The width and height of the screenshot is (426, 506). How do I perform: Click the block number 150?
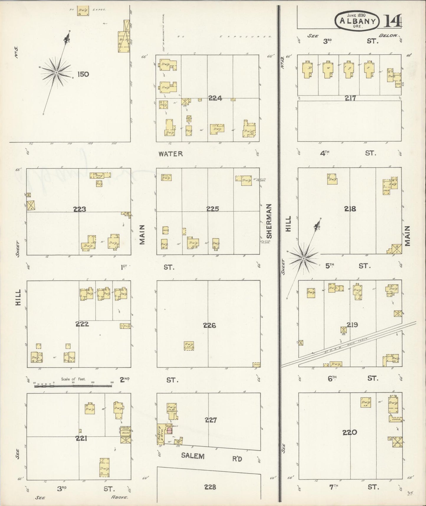83,74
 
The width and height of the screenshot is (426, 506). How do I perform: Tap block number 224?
215,98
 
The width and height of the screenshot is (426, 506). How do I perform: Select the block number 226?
209,326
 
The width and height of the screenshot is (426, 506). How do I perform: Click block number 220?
350,433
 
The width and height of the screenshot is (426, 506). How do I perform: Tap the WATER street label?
171,154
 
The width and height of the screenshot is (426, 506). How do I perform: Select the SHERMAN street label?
269,221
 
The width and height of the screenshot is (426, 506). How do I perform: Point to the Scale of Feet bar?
74,386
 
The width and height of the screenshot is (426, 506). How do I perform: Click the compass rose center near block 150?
56,73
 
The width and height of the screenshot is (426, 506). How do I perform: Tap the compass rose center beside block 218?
303,259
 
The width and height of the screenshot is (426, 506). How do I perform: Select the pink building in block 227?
169,430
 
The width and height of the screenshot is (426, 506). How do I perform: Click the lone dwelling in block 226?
189,345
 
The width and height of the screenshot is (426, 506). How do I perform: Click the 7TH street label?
333,487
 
